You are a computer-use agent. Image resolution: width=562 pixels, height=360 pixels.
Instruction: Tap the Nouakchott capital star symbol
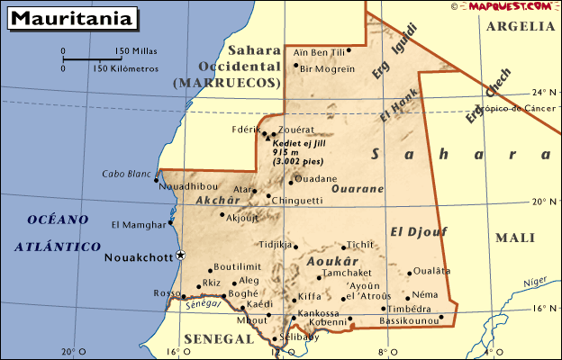pos(180,256)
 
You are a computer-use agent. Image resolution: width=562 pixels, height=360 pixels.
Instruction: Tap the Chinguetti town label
pos(296,200)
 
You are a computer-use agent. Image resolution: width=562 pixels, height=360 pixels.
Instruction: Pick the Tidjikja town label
pos(276,244)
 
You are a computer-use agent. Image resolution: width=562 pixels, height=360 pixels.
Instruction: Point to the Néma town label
pos(425,294)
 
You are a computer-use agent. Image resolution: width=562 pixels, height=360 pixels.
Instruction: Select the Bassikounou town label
pos(410,319)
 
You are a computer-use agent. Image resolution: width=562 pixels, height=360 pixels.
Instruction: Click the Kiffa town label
pos(310,296)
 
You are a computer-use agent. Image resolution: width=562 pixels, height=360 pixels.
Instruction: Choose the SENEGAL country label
pos(219,338)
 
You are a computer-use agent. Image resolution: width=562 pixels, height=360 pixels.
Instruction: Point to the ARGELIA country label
pos(521,26)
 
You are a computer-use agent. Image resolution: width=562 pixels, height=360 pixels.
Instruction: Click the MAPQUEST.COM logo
pos(509,6)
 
